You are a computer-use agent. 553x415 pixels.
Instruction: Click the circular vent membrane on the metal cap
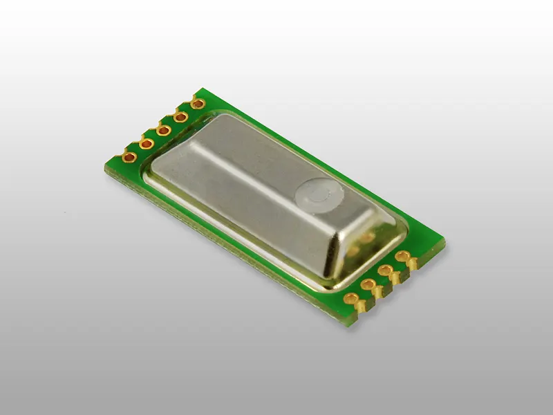319,196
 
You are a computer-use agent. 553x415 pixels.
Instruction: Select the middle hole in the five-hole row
164,129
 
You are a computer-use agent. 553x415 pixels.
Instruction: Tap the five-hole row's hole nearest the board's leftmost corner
129,156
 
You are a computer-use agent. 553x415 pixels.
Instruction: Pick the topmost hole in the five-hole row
198,104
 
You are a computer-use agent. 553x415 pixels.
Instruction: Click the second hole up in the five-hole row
147,143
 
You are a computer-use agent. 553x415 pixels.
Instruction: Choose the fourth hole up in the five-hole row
181,117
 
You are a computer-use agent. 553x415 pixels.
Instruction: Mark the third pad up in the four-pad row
386,270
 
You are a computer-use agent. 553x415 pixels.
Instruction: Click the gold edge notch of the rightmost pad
413,264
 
